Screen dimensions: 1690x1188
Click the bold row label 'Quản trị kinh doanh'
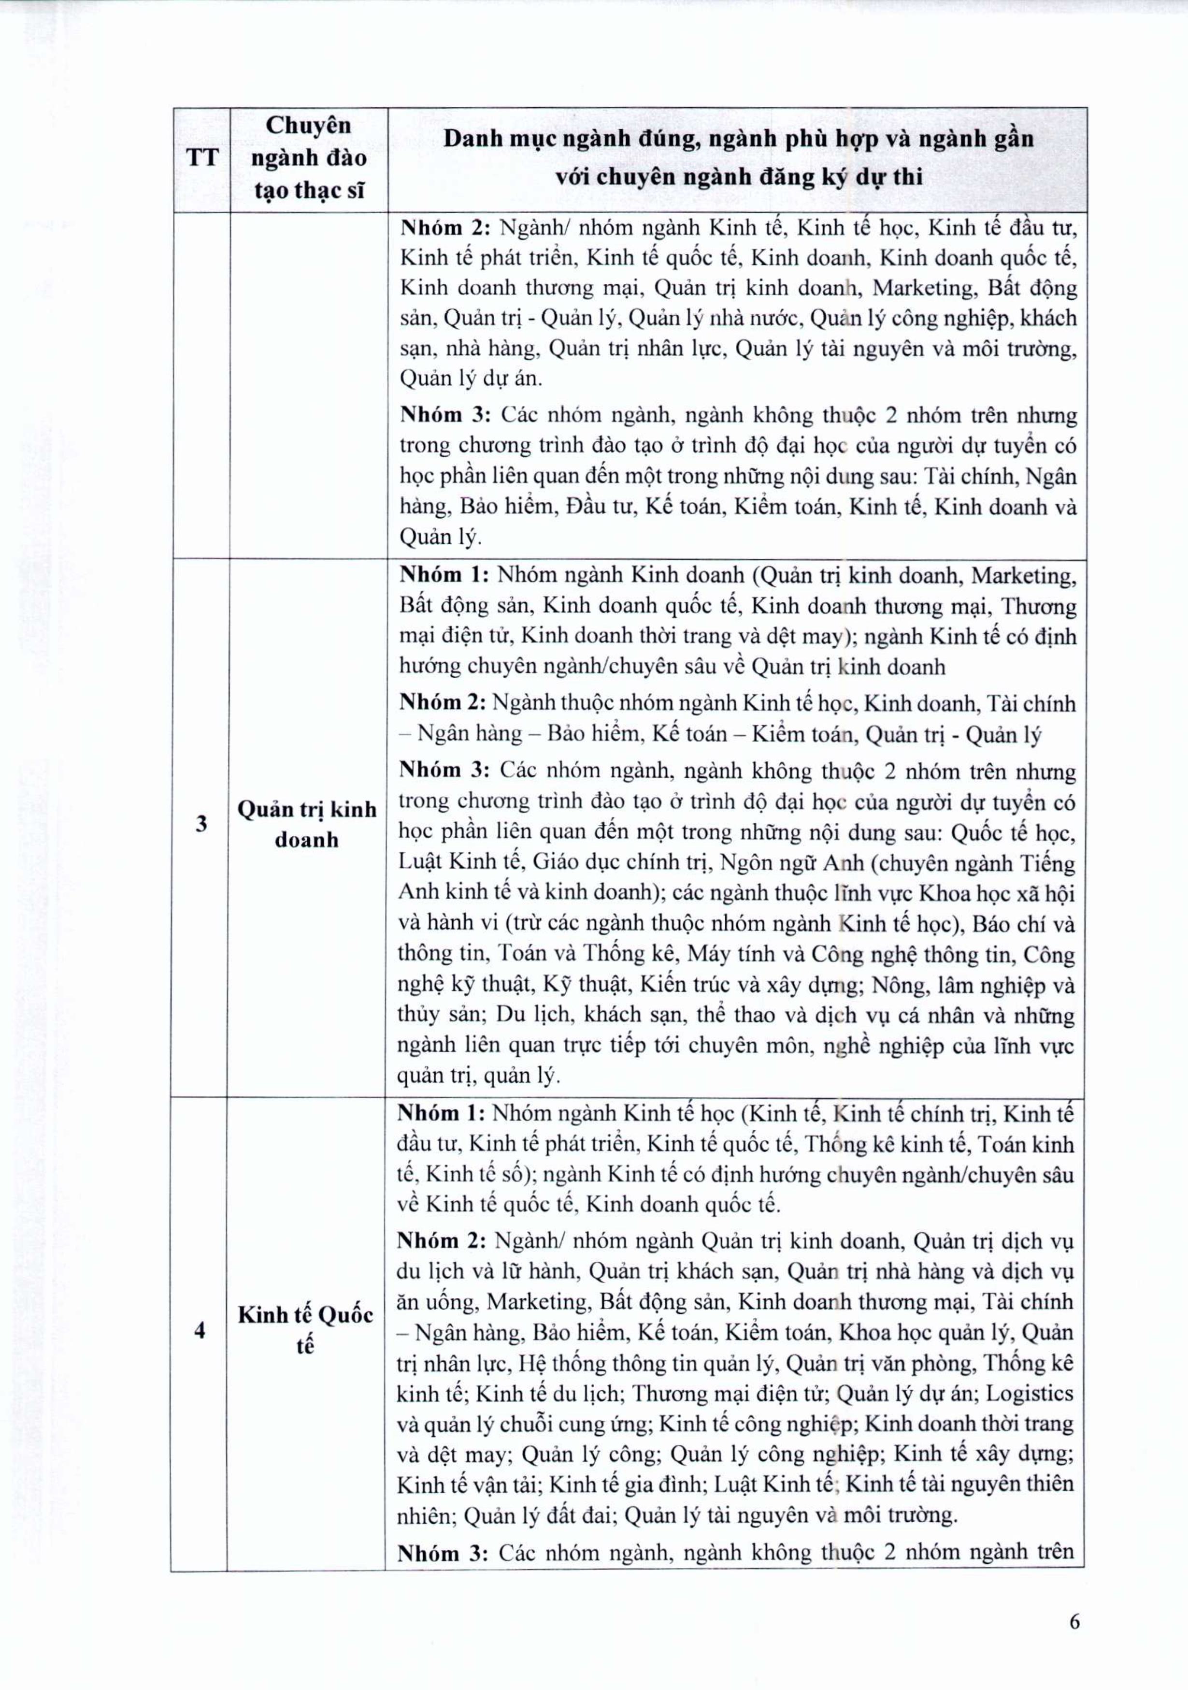(307, 824)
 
